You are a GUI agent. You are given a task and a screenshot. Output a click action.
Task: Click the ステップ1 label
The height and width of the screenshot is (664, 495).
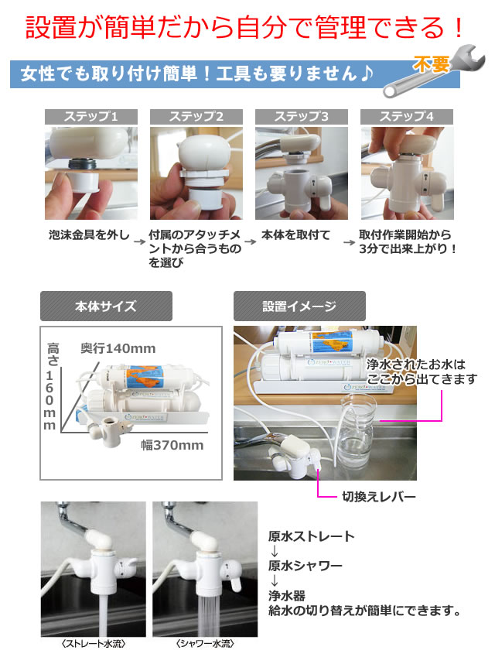click(91, 117)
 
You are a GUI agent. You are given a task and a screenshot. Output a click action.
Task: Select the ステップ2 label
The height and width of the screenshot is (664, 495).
click(196, 117)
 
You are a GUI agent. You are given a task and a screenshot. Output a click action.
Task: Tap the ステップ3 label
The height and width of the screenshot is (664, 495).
click(302, 117)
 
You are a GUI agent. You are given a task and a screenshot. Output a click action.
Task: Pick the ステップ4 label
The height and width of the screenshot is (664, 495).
click(407, 117)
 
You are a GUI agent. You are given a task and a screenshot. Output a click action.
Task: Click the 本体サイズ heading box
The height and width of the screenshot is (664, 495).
click(107, 306)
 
